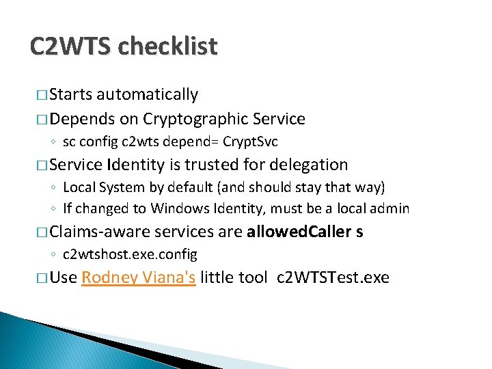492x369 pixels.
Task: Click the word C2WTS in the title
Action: (71, 46)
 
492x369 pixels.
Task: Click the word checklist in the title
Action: (168, 46)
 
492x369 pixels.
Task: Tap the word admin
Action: (390, 208)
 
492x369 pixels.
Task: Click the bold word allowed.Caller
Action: (299, 232)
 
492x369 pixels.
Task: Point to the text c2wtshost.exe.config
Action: (130, 254)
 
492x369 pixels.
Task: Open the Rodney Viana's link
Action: (139, 277)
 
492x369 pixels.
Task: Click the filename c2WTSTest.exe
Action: (333, 277)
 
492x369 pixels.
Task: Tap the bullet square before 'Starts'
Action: (41, 95)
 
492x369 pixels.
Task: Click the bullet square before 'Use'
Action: (41, 278)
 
